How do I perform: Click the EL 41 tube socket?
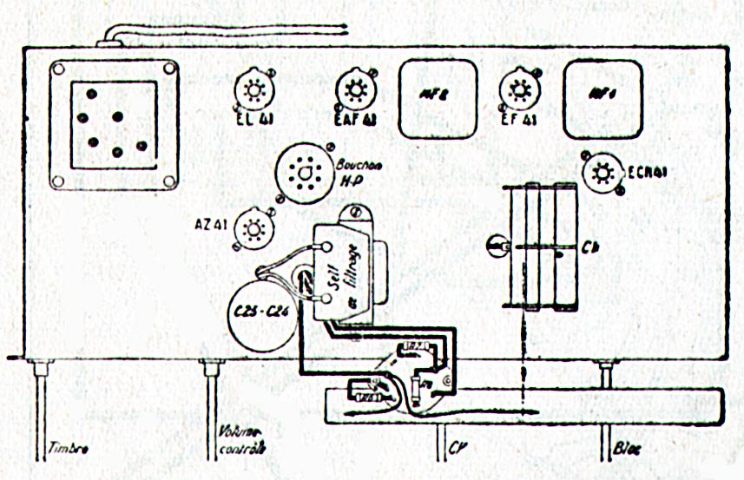(253, 89)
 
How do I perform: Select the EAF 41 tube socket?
(353, 89)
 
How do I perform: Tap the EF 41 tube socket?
(519, 89)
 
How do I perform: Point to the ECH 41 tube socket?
(600, 173)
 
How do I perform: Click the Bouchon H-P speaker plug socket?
(304, 174)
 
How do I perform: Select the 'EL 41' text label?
(252, 120)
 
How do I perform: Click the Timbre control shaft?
(41, 408)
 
